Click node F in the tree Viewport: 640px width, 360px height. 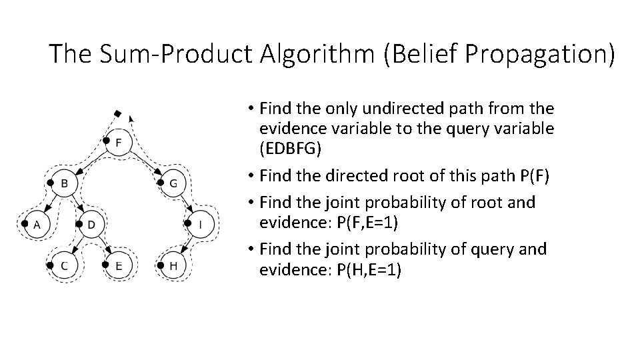pyautogui.click(x=118, y=142)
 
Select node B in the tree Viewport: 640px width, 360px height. pyautogui.click(x=64, y=183)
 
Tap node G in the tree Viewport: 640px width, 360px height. pyautogui.click(x=173, y=183)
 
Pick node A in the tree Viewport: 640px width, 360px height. pyautogui.click(x=37, y=225)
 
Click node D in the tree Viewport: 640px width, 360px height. pyautogui.click(x=91, y=225)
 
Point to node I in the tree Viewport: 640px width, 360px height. pyautogui.click(x=201, y=225)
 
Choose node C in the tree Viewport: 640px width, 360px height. pyautogui.click(x=64, y=265)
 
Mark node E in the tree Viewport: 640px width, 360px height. pyautogui.click(x=118, y=265)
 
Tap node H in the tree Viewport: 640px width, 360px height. pyautogui.click(x=173, y=265)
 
